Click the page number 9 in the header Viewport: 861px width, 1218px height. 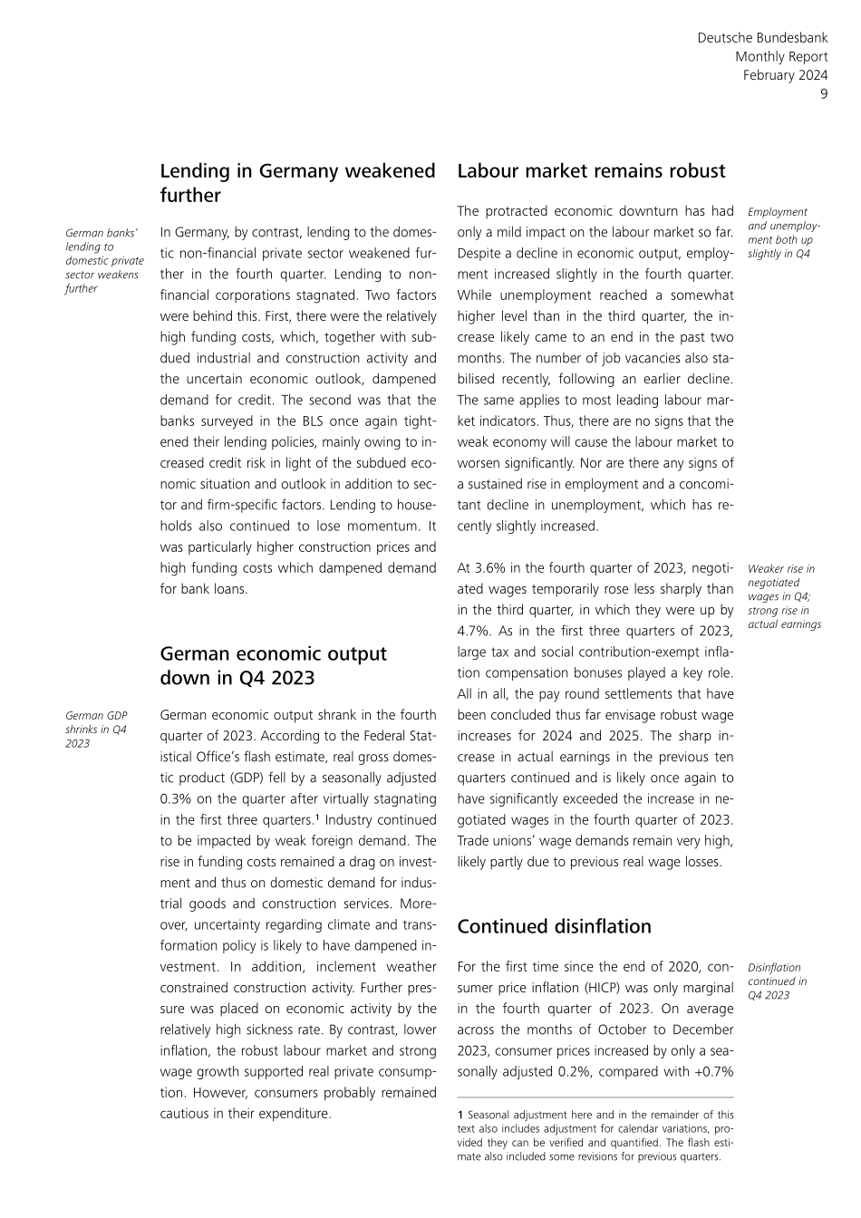coord(824,94)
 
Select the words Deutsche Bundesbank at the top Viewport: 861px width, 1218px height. coord(762,38)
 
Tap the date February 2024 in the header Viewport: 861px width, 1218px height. coord(785,75)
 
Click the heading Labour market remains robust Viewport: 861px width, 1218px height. coord(591,171)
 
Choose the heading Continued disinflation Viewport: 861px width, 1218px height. coord(554,926)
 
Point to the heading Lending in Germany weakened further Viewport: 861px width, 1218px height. coord(297,183)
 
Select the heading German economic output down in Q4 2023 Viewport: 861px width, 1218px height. coord(273,666)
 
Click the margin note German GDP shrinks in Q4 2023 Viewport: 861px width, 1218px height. coord(96,730)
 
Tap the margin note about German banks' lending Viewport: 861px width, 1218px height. coord(104,261)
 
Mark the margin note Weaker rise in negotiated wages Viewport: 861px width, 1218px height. coord(784,596)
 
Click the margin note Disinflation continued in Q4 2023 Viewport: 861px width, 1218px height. coord(777,981)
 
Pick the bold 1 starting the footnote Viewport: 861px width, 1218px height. coord(460,1116)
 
